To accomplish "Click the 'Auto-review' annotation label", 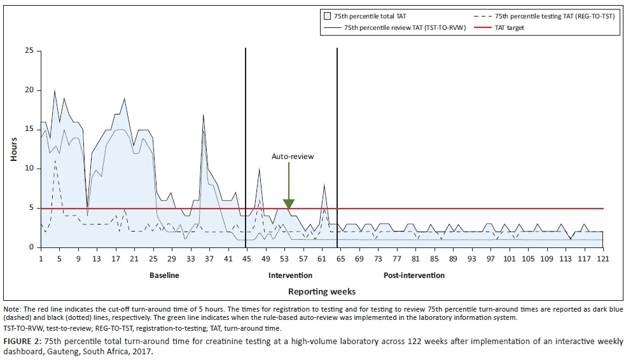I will [x=293, y=156].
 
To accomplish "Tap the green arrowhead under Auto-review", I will [x=289, y=204].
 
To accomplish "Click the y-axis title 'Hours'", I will [x=13, y=148].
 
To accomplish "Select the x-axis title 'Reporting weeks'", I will [x=321, y=291].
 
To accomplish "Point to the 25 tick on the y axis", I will [x=28, y=51].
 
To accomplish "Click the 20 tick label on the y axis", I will [x=28, y=90].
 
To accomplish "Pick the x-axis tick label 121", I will [x=602, y=259].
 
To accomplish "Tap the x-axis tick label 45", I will [x=246, y=259].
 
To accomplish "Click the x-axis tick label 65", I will [x=340, y=259].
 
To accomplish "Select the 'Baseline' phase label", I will [x=164, y=275].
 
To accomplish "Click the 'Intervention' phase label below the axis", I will [x=290, y=275].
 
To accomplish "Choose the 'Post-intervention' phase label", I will [x=414, y=275].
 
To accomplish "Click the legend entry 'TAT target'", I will [x=506, y=28].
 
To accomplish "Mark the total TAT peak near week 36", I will [x=203, y=115].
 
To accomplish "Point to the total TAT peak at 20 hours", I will [x=55, y=91].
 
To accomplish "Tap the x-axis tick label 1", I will [x=41, y=259].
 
